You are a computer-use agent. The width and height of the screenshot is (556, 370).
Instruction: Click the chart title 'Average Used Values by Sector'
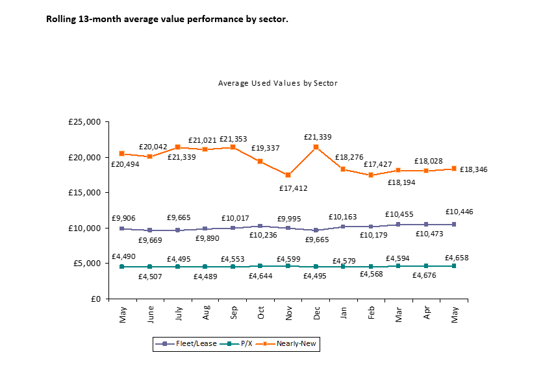pyautogui.click(x=277, y=83)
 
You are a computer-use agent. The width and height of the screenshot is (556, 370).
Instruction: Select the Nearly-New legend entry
pyautogui.click(x=297, y=344)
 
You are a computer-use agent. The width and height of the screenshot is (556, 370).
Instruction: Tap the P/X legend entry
pyautogui.click(x=245, y=344)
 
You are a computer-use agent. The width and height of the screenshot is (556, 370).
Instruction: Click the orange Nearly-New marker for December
pyautogui.click(x=316, y=147)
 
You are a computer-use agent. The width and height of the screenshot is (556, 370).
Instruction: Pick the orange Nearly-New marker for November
pyautogui.click(x=288, y=175)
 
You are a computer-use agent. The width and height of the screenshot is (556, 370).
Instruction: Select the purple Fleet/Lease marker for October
pyautogui.click(x=260, y=227)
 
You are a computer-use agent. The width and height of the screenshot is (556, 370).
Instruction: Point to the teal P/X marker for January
pyautogui.click(x=343, y=266)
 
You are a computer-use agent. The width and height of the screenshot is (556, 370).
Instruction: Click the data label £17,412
pyautogui.click(x=293, y=188)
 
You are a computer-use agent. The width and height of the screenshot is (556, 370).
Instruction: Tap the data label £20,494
pyautogui.click(x=125, y=164)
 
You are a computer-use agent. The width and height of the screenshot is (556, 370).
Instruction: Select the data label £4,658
pyautogui.click(x=457, y=258)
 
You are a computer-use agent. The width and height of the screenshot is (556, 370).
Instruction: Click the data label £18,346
pyautogui.click(x=474, y=169)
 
